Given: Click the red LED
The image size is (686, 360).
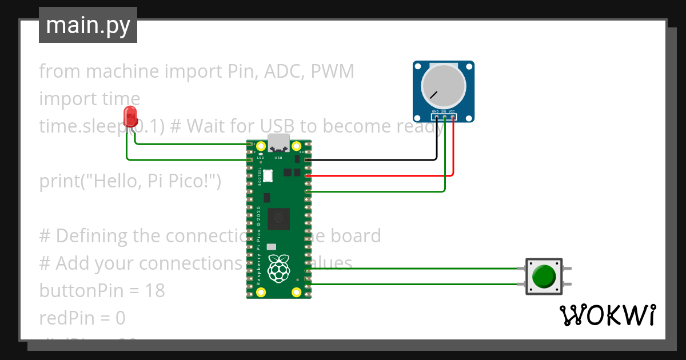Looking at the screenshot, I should click(x=131, y=117).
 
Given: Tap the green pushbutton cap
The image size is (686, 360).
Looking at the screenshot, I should click(x=543, y=277).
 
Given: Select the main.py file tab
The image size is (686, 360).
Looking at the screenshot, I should click(x=88, y=26).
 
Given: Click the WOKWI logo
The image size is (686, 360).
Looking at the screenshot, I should click(x=607, y=315).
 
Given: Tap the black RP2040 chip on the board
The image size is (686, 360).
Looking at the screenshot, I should click(x=280, y=217).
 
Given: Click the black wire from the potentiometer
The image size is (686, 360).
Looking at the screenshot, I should click(x=372, y=160).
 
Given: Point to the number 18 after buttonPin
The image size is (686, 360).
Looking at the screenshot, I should click(x=154, y=291).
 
